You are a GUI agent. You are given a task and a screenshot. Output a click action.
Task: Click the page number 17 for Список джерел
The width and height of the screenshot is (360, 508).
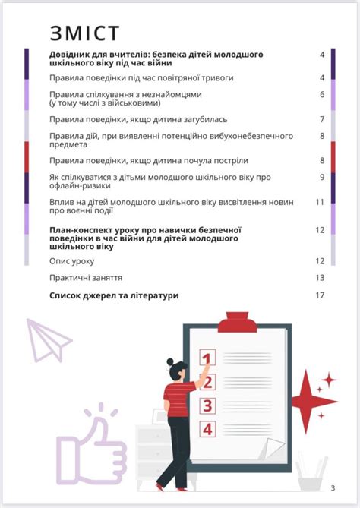pyautogui.click(x=320, y=295)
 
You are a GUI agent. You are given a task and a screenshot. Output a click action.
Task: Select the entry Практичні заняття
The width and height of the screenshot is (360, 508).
pyautogui.click(x=86, y=278)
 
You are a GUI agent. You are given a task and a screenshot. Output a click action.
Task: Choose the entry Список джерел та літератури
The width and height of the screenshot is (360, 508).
pyautogui.click(x=114, y=295)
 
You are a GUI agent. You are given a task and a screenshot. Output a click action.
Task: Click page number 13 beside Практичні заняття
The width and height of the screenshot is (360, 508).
pyautogui.click(x=320, y=278)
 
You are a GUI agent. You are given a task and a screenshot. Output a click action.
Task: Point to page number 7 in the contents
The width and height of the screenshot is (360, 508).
pyautogui.click(x=322, y=119)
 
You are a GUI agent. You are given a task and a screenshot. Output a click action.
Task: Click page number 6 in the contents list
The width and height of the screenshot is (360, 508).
pyautogui.click(x=322, y=94)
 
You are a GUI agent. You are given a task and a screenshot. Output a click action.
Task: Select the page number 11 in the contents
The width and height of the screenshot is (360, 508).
pyautogui.click(x=320, y=202)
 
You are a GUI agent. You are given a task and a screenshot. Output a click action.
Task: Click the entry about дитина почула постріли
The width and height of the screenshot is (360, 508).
pyautogui.click(x=137, y=160)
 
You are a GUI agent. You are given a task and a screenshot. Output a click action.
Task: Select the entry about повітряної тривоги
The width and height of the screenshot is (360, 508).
pyautogui.click(x=141, y=77)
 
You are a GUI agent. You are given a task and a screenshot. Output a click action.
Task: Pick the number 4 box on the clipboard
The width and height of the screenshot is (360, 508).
pyautogui.click(x=207, y=430)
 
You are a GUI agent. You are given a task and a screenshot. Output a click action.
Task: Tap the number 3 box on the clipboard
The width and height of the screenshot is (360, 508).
pyautogui.click(x=207, y=405)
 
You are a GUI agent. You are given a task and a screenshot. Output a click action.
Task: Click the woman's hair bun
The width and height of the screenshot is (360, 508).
pyautogui.click(x=171, y=362)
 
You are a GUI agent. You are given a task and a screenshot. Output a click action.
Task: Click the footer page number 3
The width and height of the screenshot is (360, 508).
pyautogui.click(x=333, y=487)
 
